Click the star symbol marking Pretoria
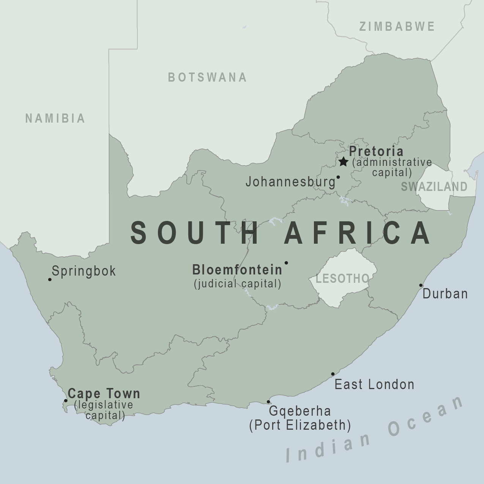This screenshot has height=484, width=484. click(343, 162)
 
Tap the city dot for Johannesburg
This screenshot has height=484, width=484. click(338, 177)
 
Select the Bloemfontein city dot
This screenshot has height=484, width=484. click(286, 263)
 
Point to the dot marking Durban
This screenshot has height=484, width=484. click(421, 285)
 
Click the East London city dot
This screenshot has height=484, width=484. click(333, 374)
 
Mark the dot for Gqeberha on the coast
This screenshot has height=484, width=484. click(268, 401)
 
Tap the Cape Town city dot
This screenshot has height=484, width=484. click(66, 400)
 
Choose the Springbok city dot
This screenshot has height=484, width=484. click(50, 279)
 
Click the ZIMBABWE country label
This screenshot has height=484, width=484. click(397, 27)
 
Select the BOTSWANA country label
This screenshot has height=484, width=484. click(207, 77)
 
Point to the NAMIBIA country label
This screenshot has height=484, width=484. click(55, 118)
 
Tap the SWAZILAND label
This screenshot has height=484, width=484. click(434, 186)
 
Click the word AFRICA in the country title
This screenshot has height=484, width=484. click(358, 233)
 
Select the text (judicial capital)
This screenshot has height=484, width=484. click(238, 284)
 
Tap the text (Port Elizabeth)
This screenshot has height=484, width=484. click(300, 425)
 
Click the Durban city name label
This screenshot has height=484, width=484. click(445, 294)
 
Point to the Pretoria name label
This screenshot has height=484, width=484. click(376, 151)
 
